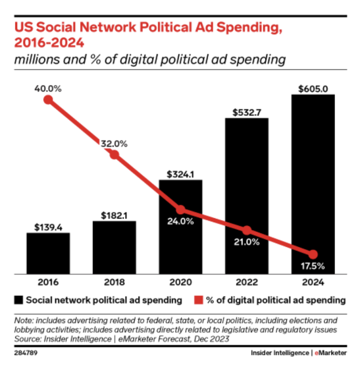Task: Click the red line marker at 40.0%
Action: [x=48, y=100]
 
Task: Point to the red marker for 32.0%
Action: [x=114, y=154]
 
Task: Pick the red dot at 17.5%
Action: [x=313, y=254]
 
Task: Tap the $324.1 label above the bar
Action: [x=180, y=174]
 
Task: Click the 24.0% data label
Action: [x=180, y=222]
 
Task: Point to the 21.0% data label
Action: [x=247, y=242]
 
